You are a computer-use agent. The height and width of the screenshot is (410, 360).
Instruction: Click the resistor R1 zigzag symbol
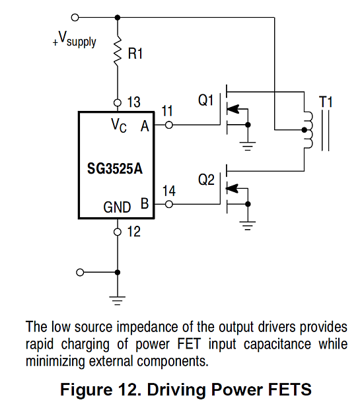pos(118,51)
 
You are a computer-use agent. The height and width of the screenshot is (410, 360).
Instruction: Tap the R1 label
pos(135,54)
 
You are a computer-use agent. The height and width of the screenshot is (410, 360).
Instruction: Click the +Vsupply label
pos(75,39)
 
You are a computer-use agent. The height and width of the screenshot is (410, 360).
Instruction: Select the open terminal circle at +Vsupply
pos(75,18)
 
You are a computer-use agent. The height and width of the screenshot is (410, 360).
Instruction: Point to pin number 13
pos(133,102)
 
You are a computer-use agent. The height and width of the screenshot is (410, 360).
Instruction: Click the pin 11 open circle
pos(169,125)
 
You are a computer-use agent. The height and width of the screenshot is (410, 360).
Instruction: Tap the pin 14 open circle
pos(169,204)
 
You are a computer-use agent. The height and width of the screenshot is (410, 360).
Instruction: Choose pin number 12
pos(133,232)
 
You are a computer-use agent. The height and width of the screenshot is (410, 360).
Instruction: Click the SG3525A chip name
pos(115,168)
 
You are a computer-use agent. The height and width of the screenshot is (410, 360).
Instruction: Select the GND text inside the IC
pos(117,207)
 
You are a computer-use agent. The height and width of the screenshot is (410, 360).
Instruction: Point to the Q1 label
pos(205,100)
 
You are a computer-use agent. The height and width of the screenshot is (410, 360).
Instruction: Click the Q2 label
pos(206,180)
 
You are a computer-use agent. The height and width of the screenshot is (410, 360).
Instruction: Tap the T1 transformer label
pos(326,102)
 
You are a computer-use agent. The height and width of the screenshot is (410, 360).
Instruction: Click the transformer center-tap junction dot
pos(305,129)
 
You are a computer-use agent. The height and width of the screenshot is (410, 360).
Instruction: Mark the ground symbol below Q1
pos(248,146)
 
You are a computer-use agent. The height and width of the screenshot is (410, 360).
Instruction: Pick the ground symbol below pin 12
pos(118,300)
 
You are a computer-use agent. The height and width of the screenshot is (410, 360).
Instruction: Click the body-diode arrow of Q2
pos(233,188)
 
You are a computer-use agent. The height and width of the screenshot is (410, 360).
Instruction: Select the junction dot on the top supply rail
pos(118,18)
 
